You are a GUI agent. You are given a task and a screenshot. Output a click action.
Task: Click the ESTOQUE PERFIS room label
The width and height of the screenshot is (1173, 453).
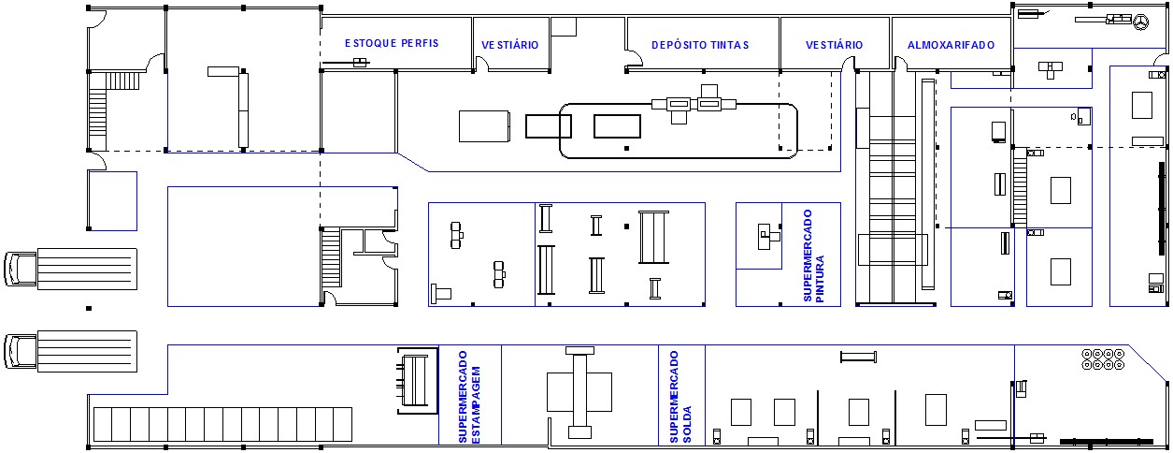tap(391, 43)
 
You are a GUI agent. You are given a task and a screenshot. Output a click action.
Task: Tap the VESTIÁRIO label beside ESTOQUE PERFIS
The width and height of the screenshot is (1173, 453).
tap(509, 44)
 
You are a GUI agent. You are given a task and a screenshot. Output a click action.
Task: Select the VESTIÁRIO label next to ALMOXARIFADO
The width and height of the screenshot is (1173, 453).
tap(834, 44)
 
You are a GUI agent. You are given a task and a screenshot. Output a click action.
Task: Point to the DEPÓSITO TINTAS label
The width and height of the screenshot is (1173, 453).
tap(700, 44)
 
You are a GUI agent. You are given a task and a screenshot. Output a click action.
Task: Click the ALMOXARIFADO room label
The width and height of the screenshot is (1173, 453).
tap(951, 44)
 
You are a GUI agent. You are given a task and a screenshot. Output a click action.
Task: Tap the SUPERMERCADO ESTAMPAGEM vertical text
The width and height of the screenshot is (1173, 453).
tap(467, 396)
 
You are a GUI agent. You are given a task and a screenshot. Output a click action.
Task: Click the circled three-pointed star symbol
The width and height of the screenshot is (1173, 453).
tap(1141, 20)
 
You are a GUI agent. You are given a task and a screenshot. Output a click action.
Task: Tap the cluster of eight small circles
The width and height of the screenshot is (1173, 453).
tap(1103, 359)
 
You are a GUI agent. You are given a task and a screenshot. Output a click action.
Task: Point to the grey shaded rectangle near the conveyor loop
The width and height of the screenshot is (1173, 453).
tap(484, 125)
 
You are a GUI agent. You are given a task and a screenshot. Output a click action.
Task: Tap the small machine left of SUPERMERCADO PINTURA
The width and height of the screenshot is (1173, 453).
tap(767, 234)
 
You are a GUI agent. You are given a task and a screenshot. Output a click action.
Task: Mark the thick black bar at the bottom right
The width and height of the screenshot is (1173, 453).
tap(1108, 441)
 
